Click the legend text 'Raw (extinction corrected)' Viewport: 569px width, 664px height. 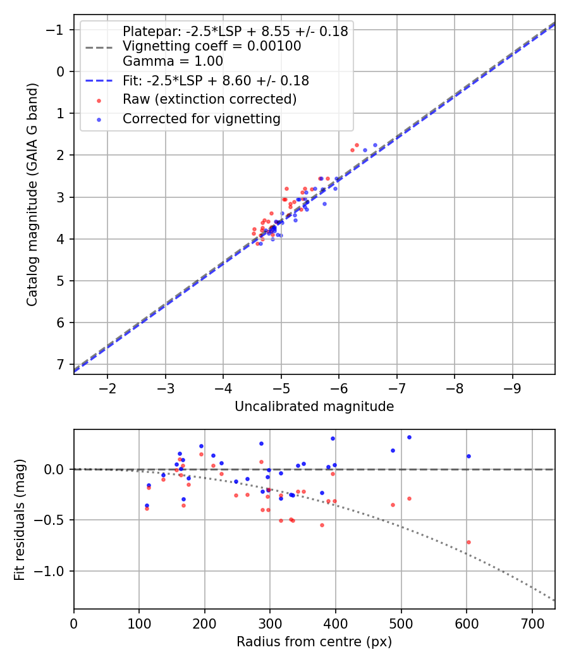coord(209,99)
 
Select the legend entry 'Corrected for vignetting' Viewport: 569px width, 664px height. coord(202,118)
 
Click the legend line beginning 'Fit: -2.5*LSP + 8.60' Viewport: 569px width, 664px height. coord(216,81)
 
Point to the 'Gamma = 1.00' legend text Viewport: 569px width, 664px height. coord(173,61)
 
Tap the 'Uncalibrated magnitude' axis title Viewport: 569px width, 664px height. coord(314,407)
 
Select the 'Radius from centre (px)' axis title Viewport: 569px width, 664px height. coord(314,642)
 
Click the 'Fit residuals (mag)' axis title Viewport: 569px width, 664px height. coord(20,519)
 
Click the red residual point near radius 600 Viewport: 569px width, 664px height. coord(468,542)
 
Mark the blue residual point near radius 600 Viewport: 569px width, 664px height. coord(468,456)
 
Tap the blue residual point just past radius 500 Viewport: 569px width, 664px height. coord(409,437)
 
